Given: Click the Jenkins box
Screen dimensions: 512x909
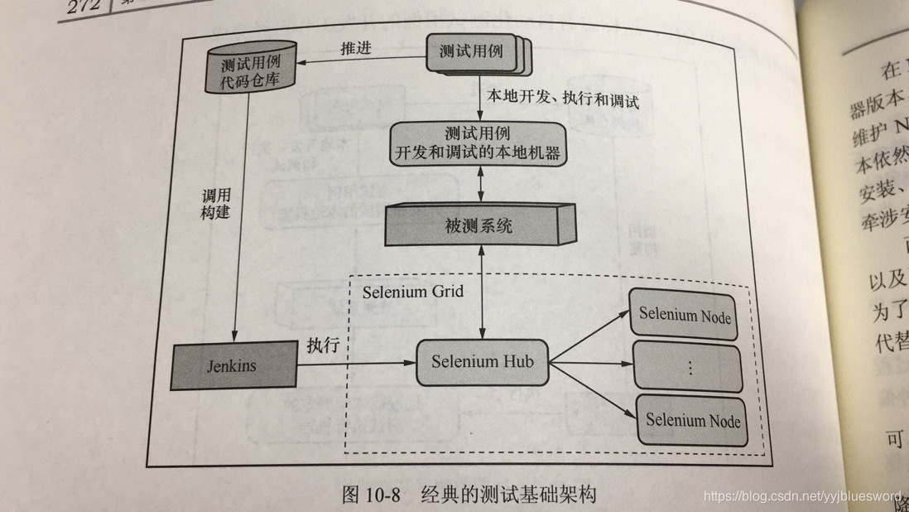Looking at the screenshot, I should pos(233,365).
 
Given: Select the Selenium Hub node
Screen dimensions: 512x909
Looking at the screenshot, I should pos(482,362).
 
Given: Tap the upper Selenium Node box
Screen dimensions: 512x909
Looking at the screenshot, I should pos(685,314).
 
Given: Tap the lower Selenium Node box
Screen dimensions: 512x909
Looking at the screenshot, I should pos(692,420).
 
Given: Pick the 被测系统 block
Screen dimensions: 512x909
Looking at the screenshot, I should pos(479,225).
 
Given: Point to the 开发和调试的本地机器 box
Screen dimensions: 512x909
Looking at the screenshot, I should pos(478,142).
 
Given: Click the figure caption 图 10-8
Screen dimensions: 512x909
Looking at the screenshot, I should pos(469,495).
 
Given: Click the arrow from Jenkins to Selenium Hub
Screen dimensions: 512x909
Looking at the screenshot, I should pos(356,363).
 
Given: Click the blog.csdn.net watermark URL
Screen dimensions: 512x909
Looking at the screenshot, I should pos(801,495).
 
